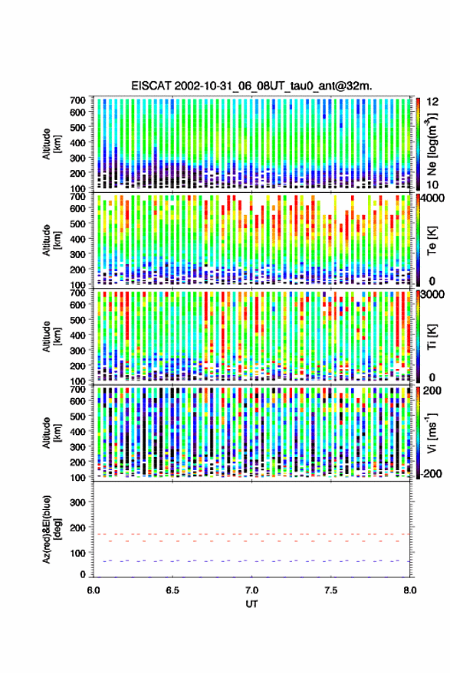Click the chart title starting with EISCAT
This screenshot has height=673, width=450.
click(252, 86)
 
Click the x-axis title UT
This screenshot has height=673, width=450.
click(251, 604)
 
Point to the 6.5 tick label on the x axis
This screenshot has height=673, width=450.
click(172, 590)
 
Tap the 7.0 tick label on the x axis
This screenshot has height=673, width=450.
click(251, 590)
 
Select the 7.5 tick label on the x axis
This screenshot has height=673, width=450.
click(330, 590)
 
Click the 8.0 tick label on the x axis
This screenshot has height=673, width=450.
click(409, 590)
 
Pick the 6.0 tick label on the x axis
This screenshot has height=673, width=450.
click(94, 590)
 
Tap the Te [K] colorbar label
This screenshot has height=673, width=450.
click(432, 240)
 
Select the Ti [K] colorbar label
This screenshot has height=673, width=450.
click(432, 337)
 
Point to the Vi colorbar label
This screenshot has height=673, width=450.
click(432, 433)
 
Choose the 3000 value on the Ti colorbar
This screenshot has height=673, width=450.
click(432, 294)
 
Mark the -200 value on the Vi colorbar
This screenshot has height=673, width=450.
click(431, 474)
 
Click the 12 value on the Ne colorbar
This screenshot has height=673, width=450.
click(432, 102)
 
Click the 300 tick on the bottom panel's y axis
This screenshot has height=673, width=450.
click(77, 502)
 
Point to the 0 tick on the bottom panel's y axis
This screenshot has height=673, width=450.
click(83, 575)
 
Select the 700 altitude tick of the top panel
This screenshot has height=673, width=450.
click(77, 100)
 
